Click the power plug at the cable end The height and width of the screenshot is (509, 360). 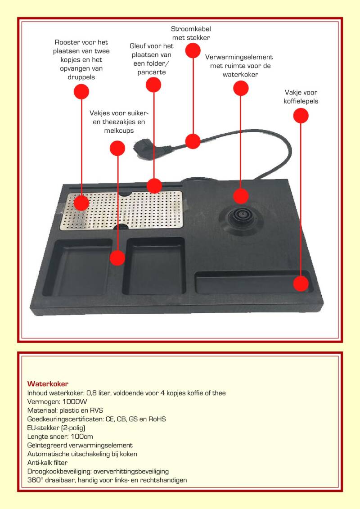pos(143,148)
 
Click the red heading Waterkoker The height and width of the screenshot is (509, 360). pos(48,384)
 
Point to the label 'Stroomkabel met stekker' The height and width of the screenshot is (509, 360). pos(191,33)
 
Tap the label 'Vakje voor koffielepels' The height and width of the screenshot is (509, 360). pos(301,97)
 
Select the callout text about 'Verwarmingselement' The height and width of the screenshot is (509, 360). pos(239,66)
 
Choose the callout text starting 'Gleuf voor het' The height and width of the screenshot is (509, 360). pos(151,59)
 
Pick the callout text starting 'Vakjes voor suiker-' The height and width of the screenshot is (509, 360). pos(119,122)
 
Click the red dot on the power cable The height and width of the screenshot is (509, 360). pos(193,141)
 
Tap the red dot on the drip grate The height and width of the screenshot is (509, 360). pos(81,203)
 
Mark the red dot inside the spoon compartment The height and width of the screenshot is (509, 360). pos(301,284)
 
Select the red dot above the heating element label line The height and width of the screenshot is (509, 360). pos(241,88)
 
